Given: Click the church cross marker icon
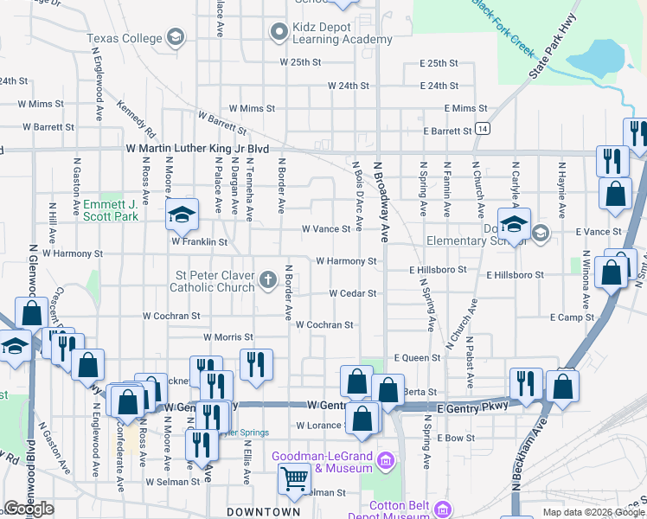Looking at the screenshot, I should tap(268, 279).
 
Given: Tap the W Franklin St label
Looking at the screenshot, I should tap(199, 243).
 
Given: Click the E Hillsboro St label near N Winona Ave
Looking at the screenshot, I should tap(515, 274).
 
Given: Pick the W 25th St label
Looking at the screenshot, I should tap(300, 63).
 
